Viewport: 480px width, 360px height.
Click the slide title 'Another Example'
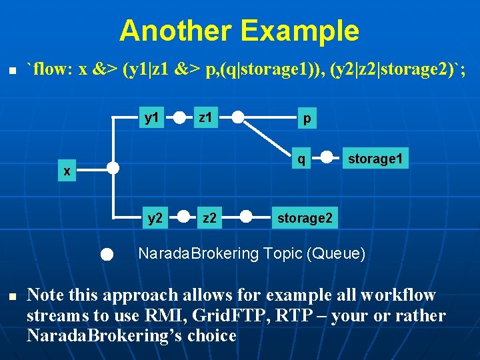[x=239, y=31]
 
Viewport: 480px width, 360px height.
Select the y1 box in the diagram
[x=153, y=118]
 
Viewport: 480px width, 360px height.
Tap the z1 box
[x=206, y=118]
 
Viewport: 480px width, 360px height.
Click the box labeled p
[x=306, y=118]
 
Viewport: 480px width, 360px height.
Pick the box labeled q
[x=302, y=159]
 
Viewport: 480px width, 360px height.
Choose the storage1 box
[x=375, y=159]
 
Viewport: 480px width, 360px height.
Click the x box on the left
[x=67, y=171]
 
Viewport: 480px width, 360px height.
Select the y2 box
[x=155, y=217]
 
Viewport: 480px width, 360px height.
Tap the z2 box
[x=209, y=217]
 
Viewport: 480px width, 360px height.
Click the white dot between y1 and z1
[x=180, y=119]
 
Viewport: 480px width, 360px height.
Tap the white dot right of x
[x=113, y=168]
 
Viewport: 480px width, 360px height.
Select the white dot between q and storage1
[x=327, y=159]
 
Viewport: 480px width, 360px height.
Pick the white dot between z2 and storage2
[x=246, y=217]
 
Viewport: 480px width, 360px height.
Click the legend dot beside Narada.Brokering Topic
[x=108, y=254]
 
